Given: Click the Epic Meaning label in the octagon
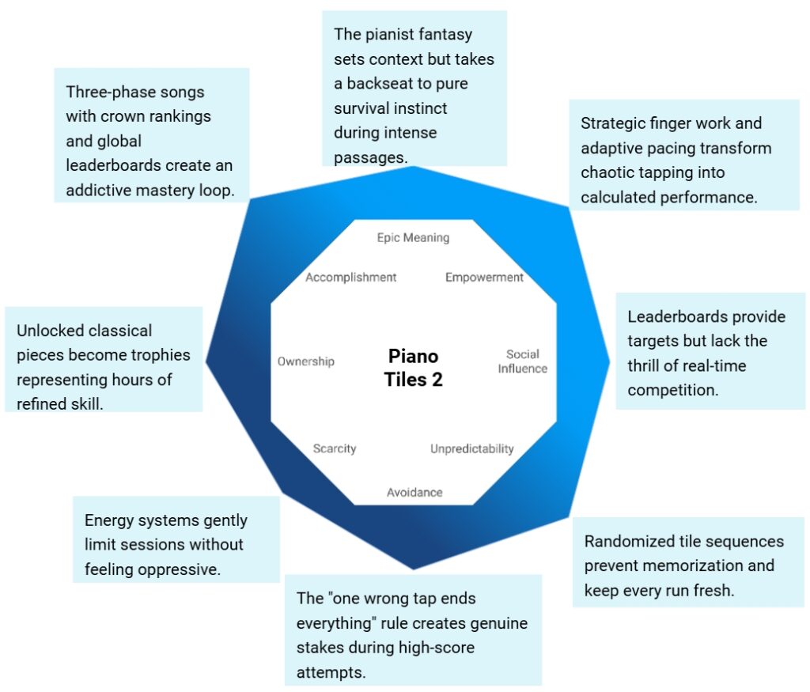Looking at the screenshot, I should [x=412, y=237].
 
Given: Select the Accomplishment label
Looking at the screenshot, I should [x=351, y=278].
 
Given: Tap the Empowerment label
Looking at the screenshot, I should [x=484, y=278].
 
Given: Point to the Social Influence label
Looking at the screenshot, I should [x=522, y=361].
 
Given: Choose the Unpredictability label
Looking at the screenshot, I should [x=471, y=449].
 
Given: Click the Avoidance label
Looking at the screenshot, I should [x=414, y=493].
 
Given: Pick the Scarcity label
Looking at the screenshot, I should [x=335, y=448].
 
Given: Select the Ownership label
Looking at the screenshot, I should [x=305, y=361].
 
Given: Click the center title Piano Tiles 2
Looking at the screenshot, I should [x=414, y=368].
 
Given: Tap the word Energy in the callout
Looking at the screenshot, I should [x=107, y=520].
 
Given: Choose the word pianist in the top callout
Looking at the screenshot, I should [x=392, y=34].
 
